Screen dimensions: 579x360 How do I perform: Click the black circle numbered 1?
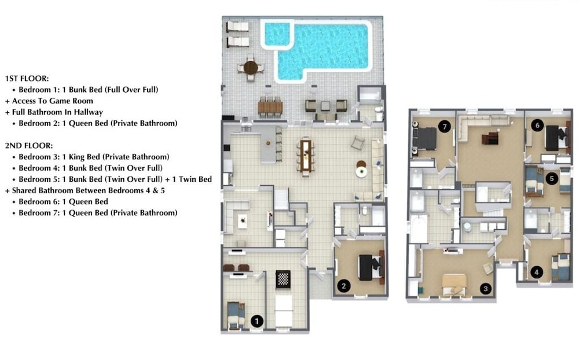click(257, 321)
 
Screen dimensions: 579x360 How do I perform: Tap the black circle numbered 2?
click(344, 285)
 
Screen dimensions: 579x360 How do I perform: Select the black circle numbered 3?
click(486, 289)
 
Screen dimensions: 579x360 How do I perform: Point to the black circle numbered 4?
click(537, 273)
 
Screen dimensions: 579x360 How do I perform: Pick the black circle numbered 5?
click(552, 179)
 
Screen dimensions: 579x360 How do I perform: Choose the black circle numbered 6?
click(537, 126)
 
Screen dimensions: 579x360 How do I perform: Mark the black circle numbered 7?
click(445, 127)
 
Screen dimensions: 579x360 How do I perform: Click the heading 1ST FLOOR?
click(27, 78)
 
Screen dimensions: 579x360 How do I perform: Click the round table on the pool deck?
click(251, 68)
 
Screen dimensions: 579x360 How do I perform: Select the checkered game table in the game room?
click(283, 279)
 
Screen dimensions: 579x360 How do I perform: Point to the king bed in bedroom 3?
click(455, 285)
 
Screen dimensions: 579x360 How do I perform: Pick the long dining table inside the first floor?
click(305, 156)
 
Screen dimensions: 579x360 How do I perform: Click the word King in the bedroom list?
click(90, 156)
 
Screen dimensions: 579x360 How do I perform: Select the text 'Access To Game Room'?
click(53, 101)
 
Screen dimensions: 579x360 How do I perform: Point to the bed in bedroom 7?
click(425, 139)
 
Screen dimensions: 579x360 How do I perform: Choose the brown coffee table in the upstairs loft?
click(490, 138)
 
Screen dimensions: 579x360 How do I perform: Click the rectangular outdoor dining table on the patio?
click(270, 108)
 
